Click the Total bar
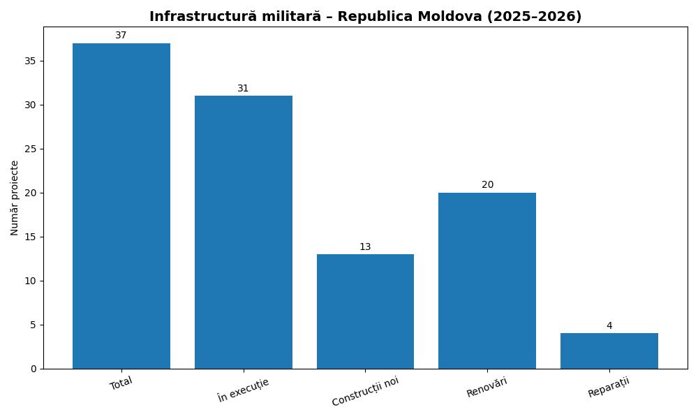[x=121, y=206]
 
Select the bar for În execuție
[x=243, y=232]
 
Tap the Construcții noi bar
[x=365, y=311]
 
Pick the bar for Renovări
[x=487, y=281]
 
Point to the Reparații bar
[x=609, y=351]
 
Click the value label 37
[x=121, y=36]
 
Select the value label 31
[x=243, y=89]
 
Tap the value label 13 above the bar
[x=365, y=247]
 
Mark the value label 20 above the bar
[x=487, y=185]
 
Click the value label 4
[x=609, y=326]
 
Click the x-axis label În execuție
[x=243, y=390]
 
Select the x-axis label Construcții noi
[x=365, y=391]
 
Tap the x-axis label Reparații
[x=609, y=388]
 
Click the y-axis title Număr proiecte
[x=15, y=198]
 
